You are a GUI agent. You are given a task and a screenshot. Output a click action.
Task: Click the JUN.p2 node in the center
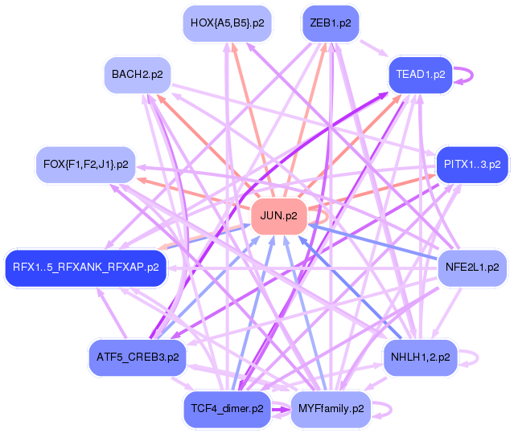279,216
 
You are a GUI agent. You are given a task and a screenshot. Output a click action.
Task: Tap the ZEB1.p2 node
330,23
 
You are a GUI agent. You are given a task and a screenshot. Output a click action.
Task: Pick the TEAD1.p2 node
420,75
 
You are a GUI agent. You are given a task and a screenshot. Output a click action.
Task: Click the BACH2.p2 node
138,75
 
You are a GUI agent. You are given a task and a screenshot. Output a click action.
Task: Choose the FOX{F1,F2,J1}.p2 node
85,164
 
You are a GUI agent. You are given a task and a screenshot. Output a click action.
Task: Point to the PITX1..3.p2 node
472,164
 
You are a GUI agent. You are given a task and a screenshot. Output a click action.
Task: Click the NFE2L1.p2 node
471,267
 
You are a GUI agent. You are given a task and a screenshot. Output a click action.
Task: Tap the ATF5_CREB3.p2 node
137,356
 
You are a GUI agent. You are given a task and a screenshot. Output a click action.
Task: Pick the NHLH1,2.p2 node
420,356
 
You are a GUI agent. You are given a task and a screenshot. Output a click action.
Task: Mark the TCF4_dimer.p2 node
228,408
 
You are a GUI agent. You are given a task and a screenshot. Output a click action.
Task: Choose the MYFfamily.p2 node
331,408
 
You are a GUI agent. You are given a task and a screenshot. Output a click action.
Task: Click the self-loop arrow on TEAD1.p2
471,75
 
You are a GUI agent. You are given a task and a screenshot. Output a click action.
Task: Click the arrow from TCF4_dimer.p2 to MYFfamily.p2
281,409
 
